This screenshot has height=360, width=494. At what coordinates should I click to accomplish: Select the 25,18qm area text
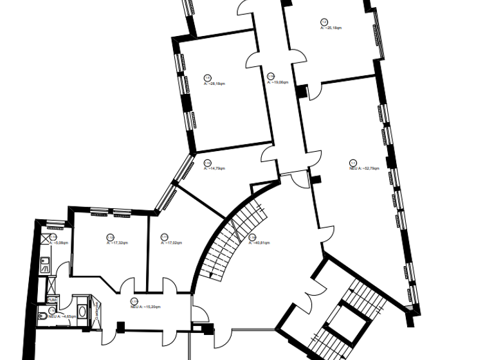coord(331,28)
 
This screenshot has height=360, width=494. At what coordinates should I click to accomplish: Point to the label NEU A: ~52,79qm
coord(364,168)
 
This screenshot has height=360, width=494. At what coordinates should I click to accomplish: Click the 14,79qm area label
coord(214,168)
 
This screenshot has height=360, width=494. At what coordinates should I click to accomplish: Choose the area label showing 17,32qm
coord(116,244)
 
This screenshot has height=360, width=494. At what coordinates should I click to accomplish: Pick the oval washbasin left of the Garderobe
coord(82,312)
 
